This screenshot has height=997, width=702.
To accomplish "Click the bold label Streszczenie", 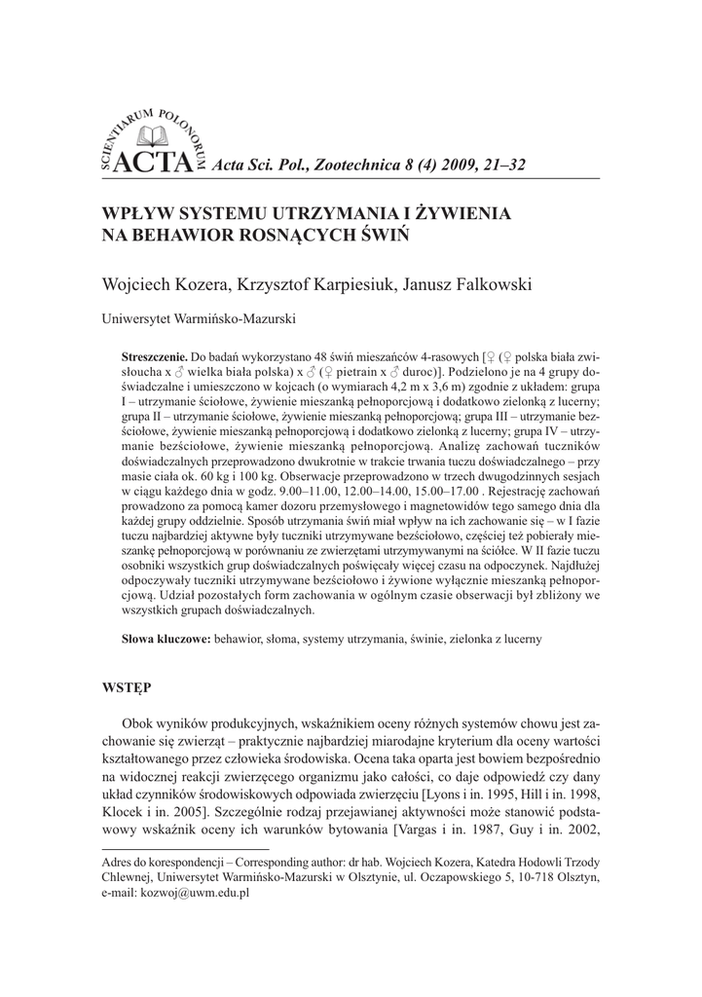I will coord(155,356).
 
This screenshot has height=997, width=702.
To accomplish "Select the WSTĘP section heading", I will coord(128,687).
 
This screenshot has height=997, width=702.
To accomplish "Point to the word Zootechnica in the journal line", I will coord(337,166).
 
